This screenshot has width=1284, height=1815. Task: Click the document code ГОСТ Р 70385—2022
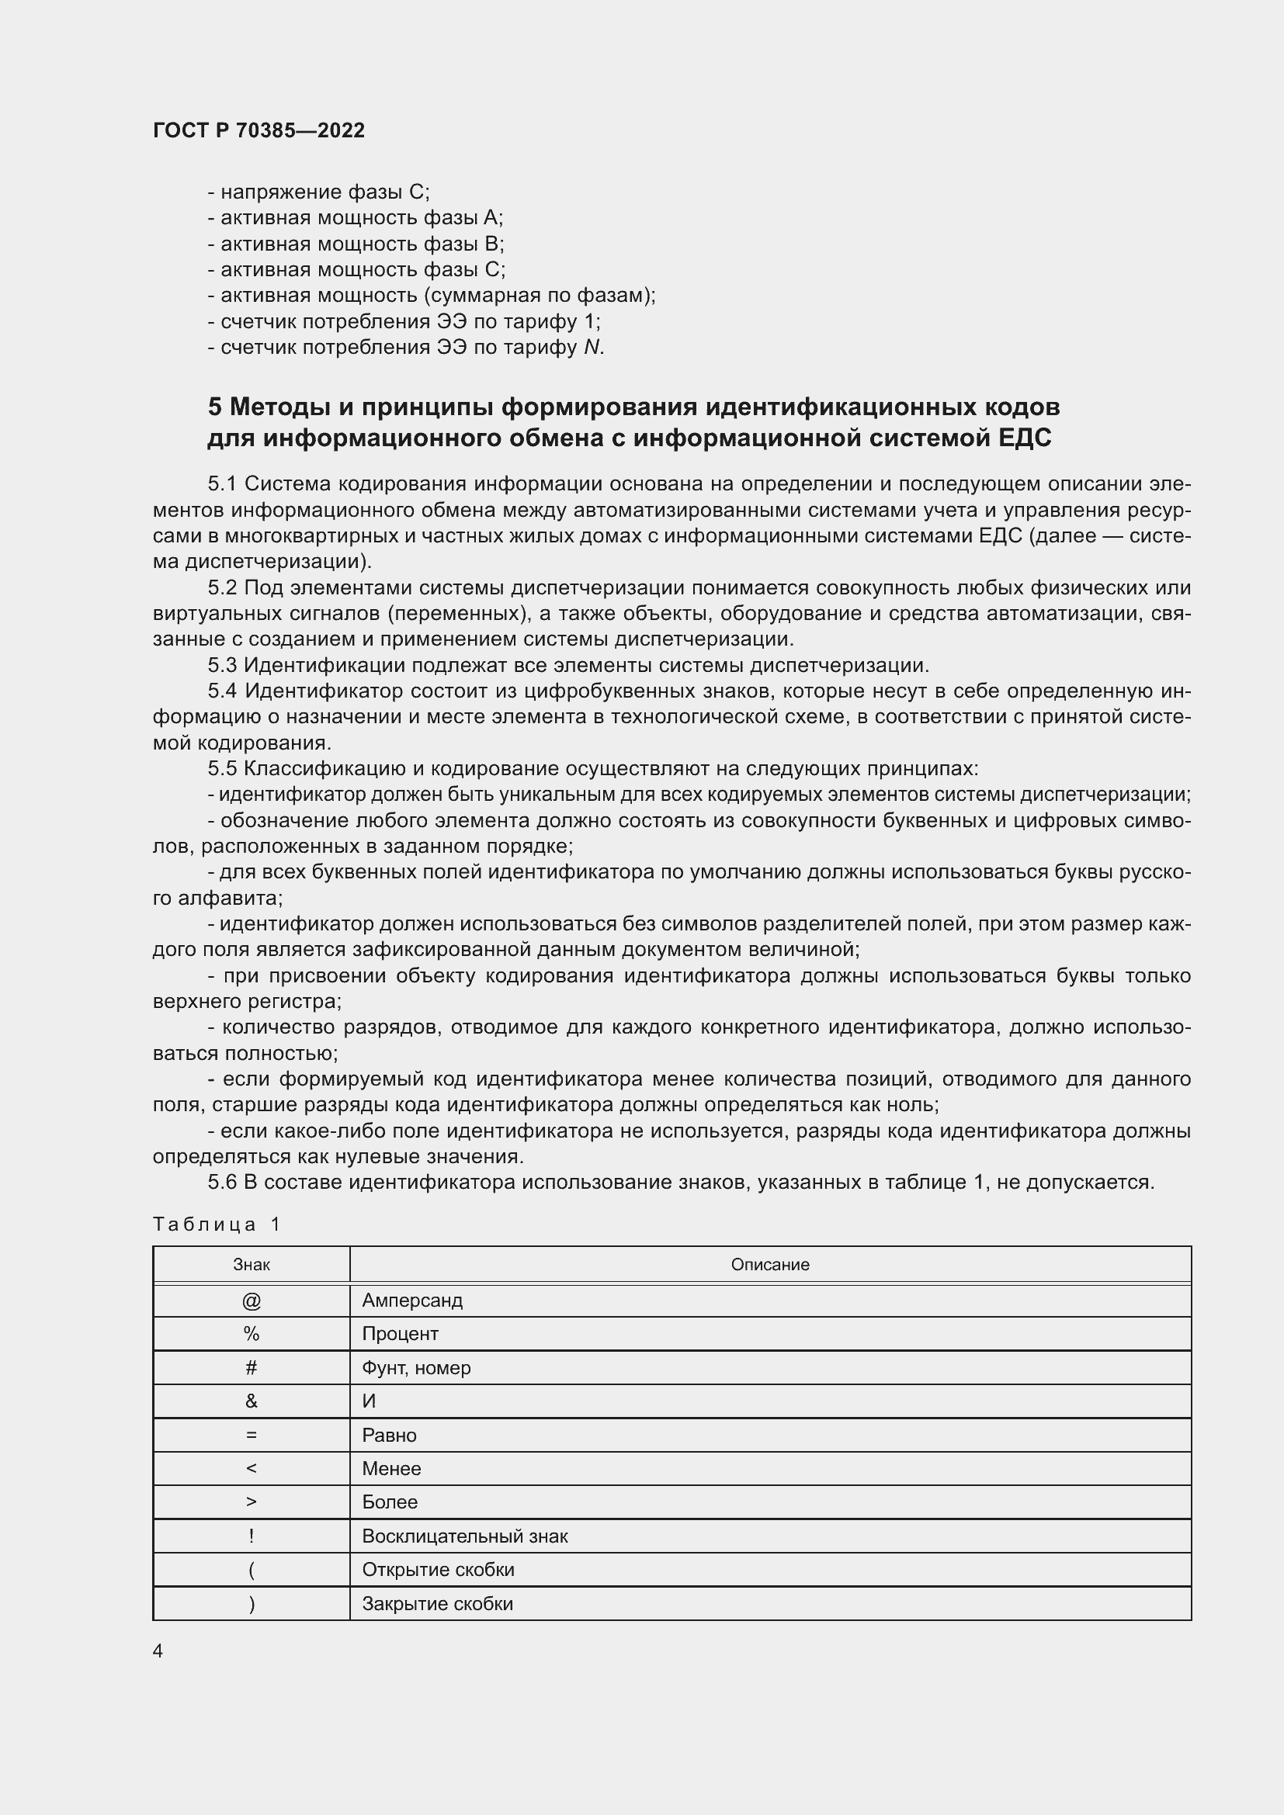coord(259,130)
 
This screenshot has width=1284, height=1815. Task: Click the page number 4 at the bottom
coord(158,1650)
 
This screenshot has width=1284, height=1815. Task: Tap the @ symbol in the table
coord(252,1301)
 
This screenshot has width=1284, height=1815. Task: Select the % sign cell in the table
coord(252,1334)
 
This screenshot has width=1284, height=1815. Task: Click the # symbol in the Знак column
coord(252,1367)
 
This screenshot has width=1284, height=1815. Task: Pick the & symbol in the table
coord(252,1401)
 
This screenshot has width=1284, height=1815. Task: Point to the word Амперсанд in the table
coord(412,1301)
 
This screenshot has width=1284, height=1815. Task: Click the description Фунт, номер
coord(416,1367)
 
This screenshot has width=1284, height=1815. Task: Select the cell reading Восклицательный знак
coord(465,1536)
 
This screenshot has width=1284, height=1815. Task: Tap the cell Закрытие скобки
coord(437,1603)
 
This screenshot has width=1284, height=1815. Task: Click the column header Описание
coord(769,1265)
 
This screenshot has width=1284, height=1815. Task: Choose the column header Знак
coord(252,1265)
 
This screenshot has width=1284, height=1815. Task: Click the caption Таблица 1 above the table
coord(217,1224)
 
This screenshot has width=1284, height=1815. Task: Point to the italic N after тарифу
coord(592,347)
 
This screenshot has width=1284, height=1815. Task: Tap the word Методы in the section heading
coord(279,407)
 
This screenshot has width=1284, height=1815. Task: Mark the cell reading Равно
coord(389,1435)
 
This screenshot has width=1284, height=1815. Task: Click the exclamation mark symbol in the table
coord(252,1536)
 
